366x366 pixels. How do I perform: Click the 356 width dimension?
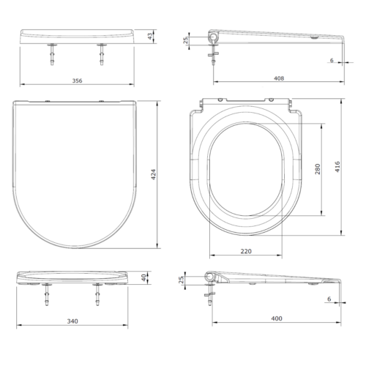point(77,81)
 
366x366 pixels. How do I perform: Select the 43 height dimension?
point(150,37)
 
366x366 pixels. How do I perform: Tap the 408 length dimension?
point(279,78)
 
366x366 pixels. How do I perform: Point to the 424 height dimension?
point(154,174)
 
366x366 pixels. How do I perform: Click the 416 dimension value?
point(337,167)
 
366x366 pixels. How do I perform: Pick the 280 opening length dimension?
point(318,169)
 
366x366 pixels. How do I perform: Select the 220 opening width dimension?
point(246,251)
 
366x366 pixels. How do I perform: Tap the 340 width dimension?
point(72,321)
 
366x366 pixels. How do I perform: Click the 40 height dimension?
point(144,277)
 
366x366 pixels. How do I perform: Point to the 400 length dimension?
point(277,318)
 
